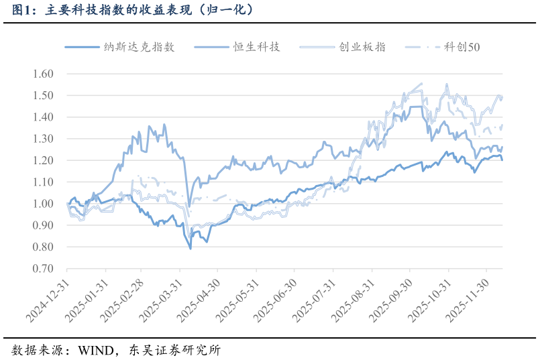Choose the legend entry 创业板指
coord(362,47)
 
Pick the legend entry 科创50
coord(462,47)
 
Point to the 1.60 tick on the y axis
coord(42,74)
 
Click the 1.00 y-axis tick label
coord(42,204)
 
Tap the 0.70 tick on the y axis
coord(42,269)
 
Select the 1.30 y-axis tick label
coord(42,139)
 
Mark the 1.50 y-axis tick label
coord(42,95)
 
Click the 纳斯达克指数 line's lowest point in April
coord(191,249)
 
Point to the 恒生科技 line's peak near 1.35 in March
coord(149,126)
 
